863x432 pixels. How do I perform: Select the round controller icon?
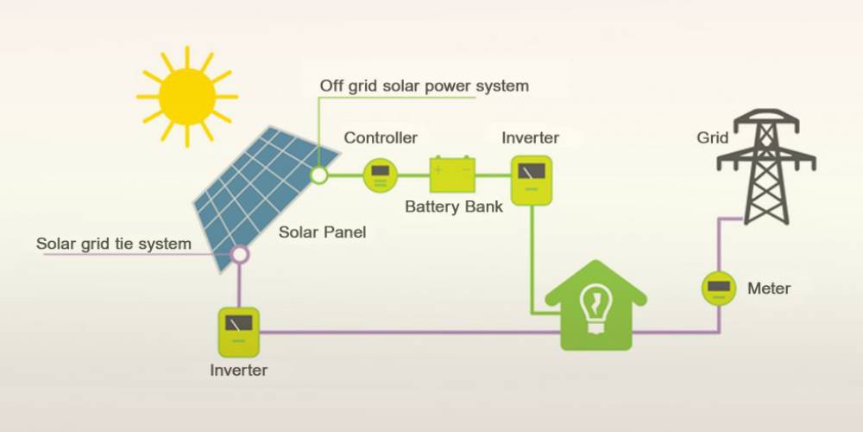pos(379,175)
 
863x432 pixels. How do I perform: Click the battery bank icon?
pos(452,175)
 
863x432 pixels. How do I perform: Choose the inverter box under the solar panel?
pos(238,332)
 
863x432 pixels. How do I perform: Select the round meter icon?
pos(718,288)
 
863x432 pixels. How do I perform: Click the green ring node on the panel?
pos(319,175)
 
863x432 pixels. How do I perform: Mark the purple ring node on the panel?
pos(239,254)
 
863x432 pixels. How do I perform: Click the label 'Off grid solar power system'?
pos(424,86)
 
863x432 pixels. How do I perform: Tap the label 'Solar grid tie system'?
pos(114,244)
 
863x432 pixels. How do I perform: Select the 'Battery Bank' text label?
pos(454,207)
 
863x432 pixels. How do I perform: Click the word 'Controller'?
pos(381,138)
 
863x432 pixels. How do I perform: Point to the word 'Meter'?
pos(769,289)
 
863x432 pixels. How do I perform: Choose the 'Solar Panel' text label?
pos(323,232)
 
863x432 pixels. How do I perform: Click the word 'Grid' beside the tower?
pos(712,138)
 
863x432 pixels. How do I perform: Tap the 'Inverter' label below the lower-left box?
pos(239,371)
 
